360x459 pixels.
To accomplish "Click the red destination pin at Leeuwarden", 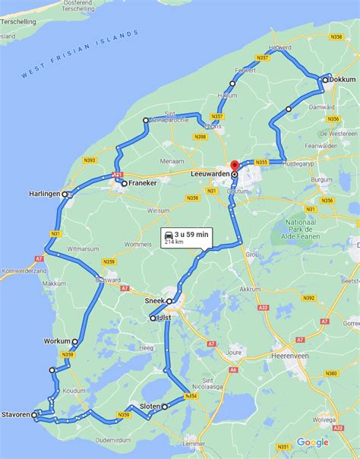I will (x=235, y=165).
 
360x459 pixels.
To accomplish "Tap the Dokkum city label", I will (x=343, y=79).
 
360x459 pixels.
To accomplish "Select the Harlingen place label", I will (x=44, y=194).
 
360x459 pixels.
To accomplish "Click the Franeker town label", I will (x=143, y=183).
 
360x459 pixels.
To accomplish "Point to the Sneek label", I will (x=154, y=301).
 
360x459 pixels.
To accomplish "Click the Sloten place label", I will (x=150, y=407).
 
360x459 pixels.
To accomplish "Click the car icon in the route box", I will (x=167, y=237).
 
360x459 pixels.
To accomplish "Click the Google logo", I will (x=312, y=442).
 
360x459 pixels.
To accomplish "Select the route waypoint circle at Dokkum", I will (x=324, y=79).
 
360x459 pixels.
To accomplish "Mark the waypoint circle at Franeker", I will (x=124, y=183).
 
